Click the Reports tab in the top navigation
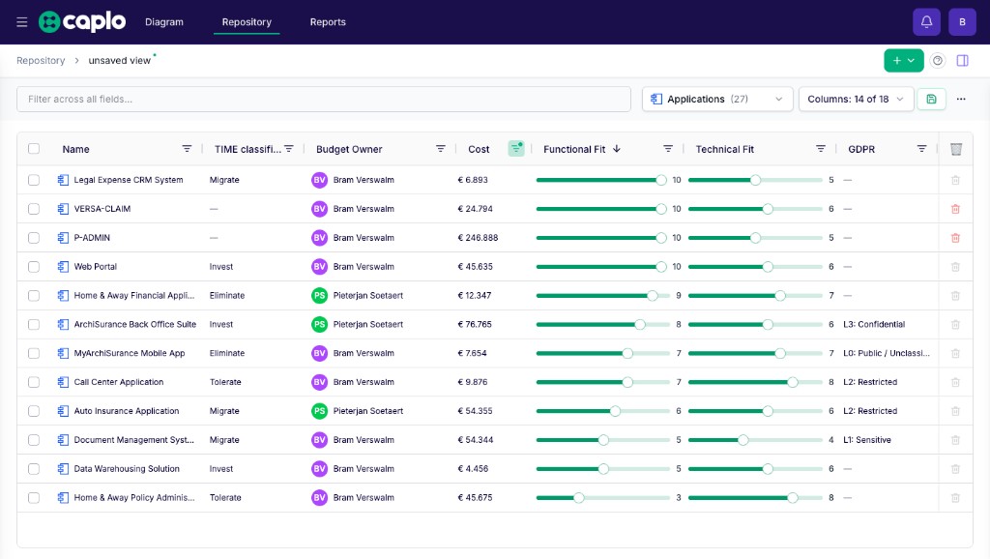click(x=328, y=22)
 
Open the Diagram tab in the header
click(x=164, y=22)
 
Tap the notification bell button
click(x=926, y=22)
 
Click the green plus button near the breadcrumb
click(x=904, y=61)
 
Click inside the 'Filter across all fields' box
click(x=323, y=100)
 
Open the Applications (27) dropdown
click(x=717, y=100)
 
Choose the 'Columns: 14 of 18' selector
click(x=857, y=100)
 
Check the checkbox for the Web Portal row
click(x=34, y=267)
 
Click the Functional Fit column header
click(x=574, y=149)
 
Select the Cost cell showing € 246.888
click(x=478, y=238)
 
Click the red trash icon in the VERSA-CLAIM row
click(x=955, y=209)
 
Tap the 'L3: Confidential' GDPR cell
click(x=874, y=325)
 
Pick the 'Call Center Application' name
click(x=119, y=382)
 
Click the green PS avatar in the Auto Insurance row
click(x=319, y=411)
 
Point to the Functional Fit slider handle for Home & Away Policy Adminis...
click(x=578, y=498)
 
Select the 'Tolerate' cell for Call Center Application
click(x=225, y=382)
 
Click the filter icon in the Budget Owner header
click(x=440, y=148)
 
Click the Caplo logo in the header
click(x=82, y=21)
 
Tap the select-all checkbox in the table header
click(x=34, y=148)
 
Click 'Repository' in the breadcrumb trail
click(x=41, y=61)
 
